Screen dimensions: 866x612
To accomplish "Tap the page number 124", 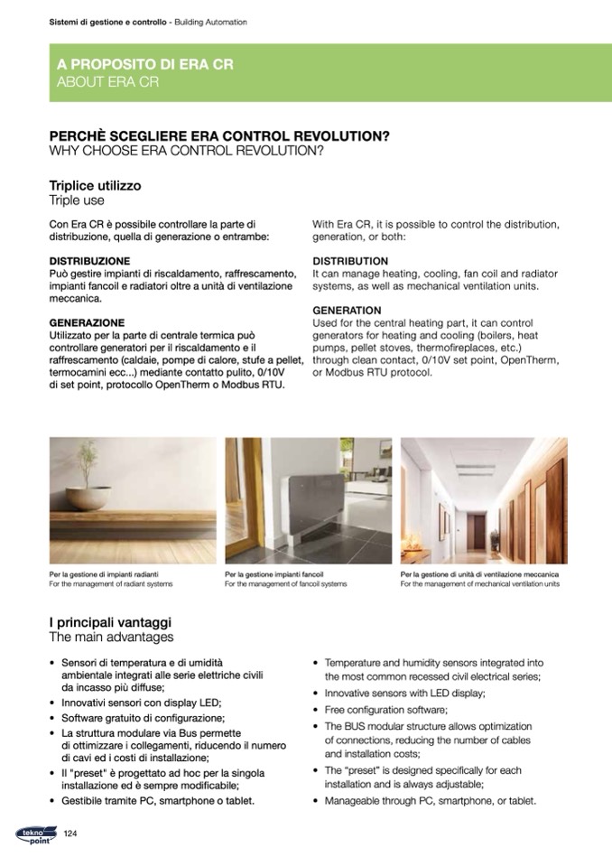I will point(74,833).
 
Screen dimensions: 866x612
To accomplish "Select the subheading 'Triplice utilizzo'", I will point(95,185).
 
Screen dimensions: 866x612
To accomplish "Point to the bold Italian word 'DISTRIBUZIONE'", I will point(89,261).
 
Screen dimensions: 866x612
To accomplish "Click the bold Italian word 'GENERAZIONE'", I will point(87,322).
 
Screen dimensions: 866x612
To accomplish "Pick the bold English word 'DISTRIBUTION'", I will point(350,261).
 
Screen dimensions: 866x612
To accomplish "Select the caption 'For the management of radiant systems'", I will point(110,584).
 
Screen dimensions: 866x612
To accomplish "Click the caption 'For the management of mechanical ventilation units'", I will point(480,584).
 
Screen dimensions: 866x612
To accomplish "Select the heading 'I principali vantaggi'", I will point(110,623).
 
